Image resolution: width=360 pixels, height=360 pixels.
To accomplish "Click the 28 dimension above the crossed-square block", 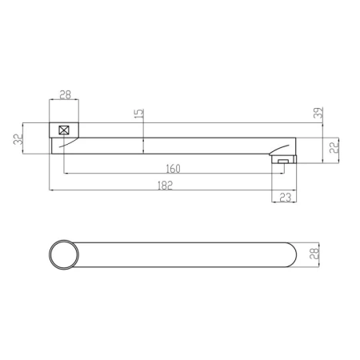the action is [66, 94].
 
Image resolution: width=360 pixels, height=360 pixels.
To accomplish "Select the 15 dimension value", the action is [139, 114].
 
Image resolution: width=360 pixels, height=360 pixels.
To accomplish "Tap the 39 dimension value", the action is [318, 113].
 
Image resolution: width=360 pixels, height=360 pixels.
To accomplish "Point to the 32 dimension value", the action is [18, 139].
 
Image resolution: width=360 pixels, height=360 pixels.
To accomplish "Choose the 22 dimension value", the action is [334, 147].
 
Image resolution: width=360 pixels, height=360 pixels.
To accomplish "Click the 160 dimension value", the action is [173, 169].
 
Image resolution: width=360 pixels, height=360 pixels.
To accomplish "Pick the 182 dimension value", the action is [165, 186].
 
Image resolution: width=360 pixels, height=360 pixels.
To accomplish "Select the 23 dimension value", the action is [285, 198].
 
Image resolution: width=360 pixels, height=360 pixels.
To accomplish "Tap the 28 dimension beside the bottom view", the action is [314, 254].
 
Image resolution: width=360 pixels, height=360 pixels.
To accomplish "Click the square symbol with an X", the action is [64, 130].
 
